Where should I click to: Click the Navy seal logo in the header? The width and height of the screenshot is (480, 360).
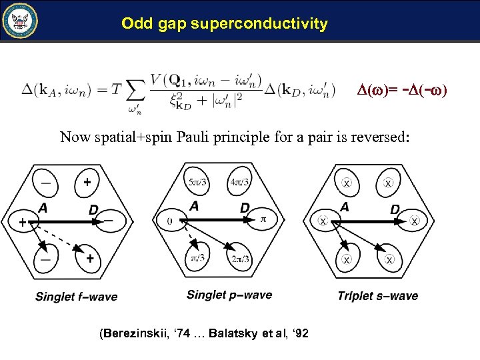pos(21,21)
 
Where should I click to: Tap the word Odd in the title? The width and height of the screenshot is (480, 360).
pos(136,24)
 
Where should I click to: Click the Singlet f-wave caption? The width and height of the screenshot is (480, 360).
pos(76,297)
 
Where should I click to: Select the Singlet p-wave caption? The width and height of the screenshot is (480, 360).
pos(229,295)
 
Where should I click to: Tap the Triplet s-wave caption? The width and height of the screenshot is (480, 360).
pos(378,296)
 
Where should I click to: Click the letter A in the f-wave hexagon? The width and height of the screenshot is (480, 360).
pos(43,208)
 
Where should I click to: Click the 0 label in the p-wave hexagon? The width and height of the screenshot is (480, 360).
pos(170,219)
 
